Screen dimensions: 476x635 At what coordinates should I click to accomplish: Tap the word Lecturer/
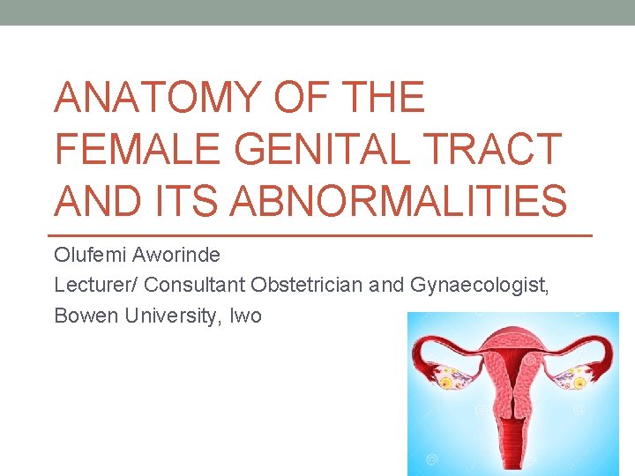[x=95, y=285]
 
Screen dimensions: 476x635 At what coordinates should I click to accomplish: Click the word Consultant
[x=194, y=285]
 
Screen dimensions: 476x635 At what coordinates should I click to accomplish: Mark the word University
[x=168, y=315]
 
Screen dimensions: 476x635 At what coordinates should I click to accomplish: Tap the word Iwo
[x=245, y=315]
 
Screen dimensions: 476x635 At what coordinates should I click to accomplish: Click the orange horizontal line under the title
[x=323, y=235]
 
